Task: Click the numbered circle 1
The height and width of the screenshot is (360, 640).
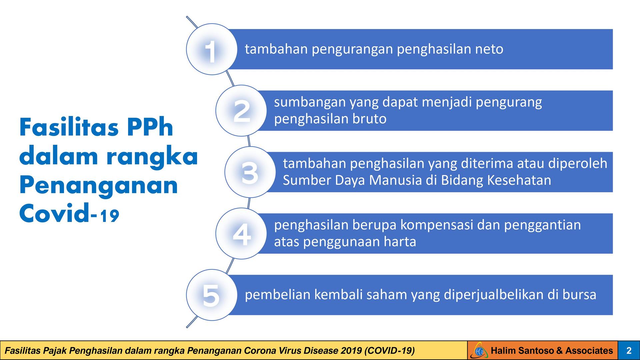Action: pos(212,49)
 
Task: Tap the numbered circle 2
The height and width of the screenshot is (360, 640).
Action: pos(241,111)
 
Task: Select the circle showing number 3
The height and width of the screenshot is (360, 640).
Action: pos(250,172)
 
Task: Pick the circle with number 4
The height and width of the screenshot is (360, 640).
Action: pos(241,234)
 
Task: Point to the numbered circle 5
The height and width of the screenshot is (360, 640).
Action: pos(212,295)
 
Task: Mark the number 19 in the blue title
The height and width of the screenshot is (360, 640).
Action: pos(109,216)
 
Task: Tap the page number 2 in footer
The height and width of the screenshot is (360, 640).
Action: pos(629,351)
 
